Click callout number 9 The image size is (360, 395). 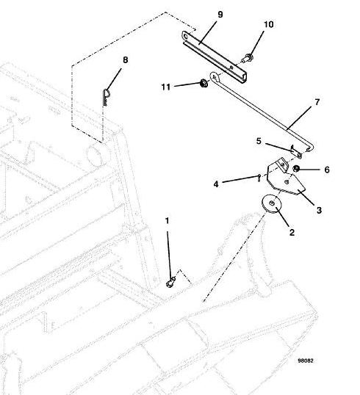tap(220, 15)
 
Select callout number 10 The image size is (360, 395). tap(269, 24)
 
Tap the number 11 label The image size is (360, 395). tap(166, 87)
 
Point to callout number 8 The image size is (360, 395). tap(126, 60)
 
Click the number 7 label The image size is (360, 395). tap(317, 102)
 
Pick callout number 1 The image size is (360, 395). tap(167, 221)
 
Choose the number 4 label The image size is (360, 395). tap(216, 184)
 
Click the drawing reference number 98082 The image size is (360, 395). tap(306, 360)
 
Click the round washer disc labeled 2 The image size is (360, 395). tap(272, 204)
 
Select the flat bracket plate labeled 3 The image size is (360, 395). tap(285, 178)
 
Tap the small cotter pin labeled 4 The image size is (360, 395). tap(259, 178)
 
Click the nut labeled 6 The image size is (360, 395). tap(297, 168)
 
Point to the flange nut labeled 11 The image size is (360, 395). tap(204, 83)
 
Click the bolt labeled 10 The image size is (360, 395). tap(248, 59)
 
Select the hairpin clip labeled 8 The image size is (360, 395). tap(106, 97)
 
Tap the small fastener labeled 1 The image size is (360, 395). tap(171, 282)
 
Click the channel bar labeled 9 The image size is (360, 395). tap(215, 56)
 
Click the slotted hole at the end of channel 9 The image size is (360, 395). tap(186, 37)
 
